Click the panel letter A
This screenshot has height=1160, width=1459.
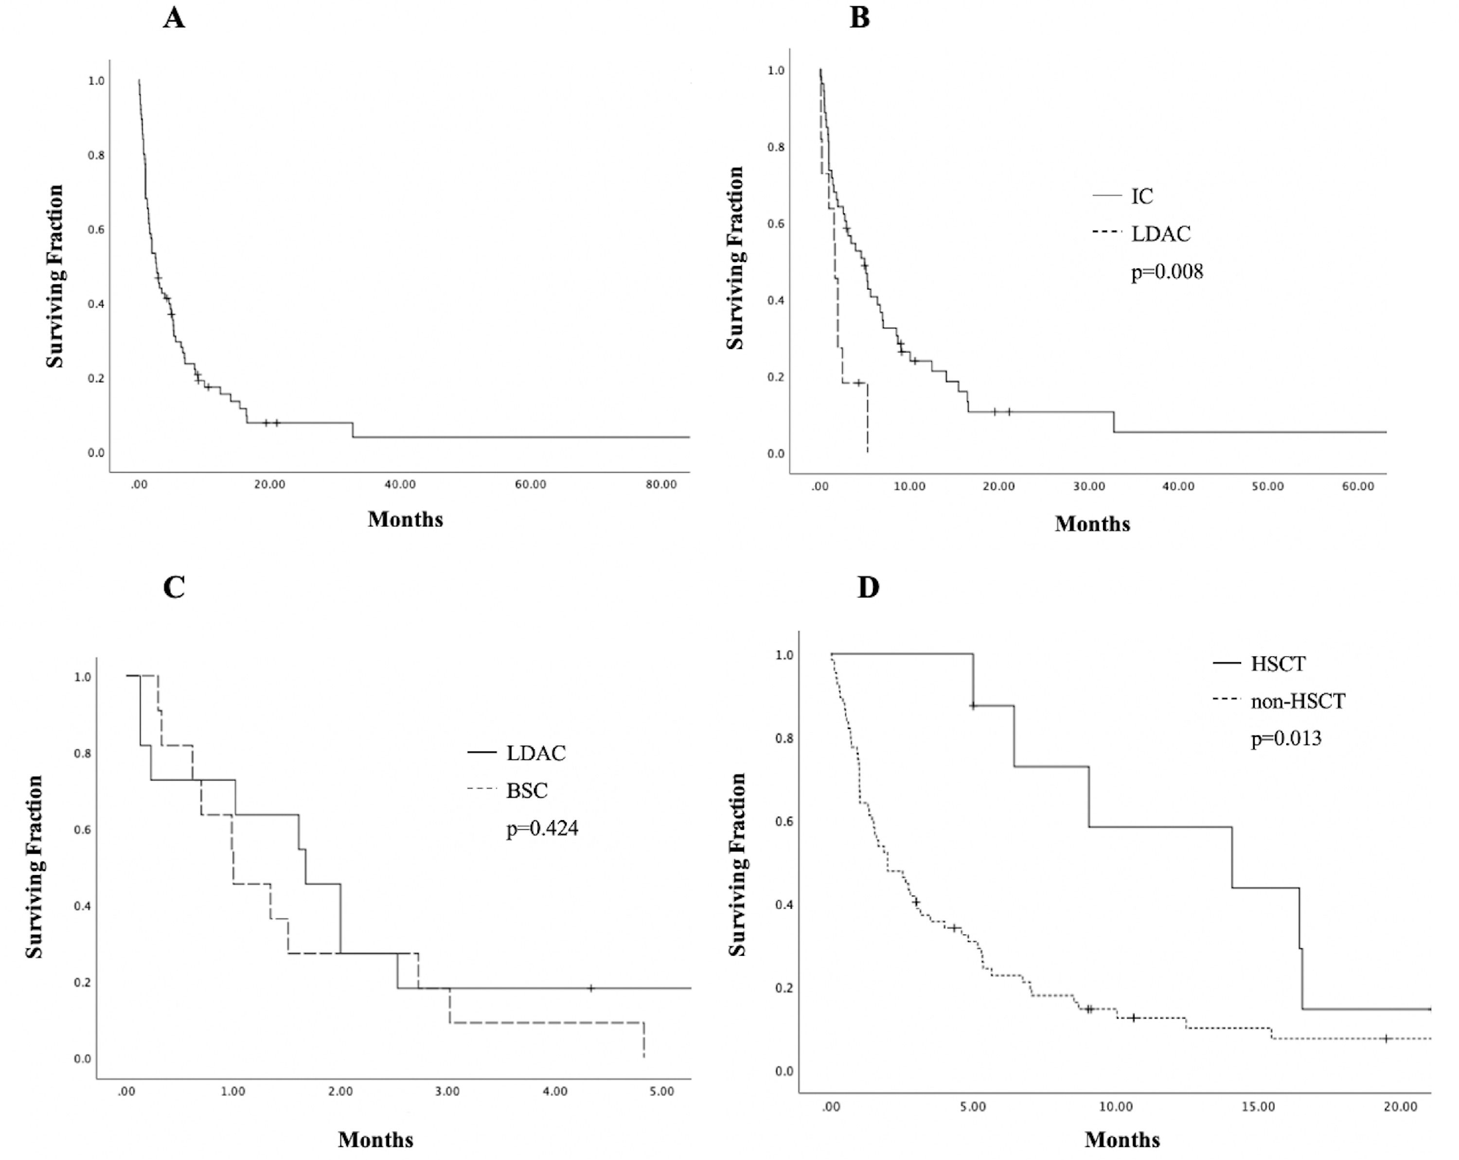pos(174,18)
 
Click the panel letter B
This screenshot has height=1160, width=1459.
pos(859,18)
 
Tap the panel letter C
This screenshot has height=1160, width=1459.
pos(174,587)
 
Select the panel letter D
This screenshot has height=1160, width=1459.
pos(868,587)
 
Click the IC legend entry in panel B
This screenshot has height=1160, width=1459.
pos(1141,196)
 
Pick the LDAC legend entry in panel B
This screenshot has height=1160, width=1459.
pos(1160,234)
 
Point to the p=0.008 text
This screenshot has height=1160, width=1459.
pos(1167,272)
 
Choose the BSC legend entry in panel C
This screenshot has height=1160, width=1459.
pos(527,790)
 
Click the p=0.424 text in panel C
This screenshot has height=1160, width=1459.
pos(542,828)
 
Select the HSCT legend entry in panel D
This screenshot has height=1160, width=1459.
pos(1278,664)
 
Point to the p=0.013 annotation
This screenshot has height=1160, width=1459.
pos(1286,738)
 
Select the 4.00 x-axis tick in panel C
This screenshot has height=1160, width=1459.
pos(555,1091)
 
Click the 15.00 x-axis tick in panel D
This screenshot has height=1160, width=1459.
pos(1258,1107)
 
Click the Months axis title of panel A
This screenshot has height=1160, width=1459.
pos(405,519)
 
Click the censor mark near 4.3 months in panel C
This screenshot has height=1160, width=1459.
pos(591,988)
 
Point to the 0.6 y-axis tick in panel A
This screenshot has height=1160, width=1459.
pos(96,230)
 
